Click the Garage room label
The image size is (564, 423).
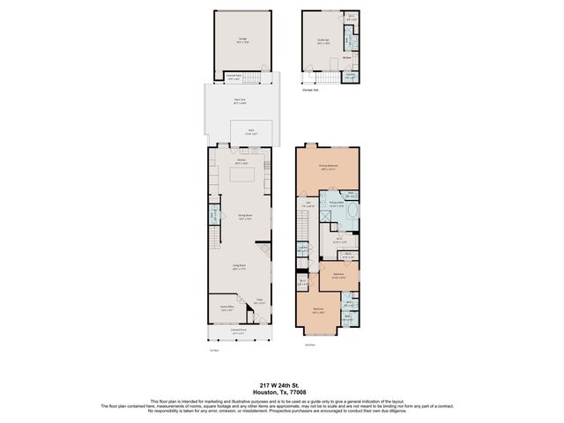point(241,40)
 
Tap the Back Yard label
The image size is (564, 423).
point(240,101)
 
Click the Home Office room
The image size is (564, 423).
point(226,309)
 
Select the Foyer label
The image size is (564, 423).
point(260,302)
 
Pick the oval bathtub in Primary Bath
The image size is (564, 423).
point(352,211)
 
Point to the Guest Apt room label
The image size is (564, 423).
point(323,40)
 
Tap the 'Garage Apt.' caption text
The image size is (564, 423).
point(309,89)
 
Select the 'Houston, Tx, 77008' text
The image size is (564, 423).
point(282,391)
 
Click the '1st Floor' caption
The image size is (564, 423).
point(213,351)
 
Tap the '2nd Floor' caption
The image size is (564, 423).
point(309,345)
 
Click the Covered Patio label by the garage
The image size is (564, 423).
point(234,77)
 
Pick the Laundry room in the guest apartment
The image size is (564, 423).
point(350,75)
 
